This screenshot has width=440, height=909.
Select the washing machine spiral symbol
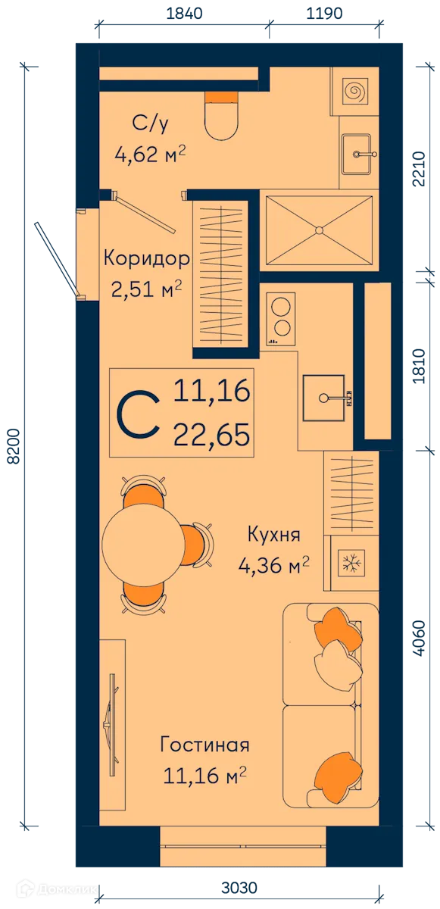354,92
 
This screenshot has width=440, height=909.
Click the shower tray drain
319,229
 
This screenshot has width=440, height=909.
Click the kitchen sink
323,397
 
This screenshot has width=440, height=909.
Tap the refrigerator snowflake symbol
350,564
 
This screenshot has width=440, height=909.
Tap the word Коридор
146,258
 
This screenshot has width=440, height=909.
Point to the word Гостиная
204,745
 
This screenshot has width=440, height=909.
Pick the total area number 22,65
211,435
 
